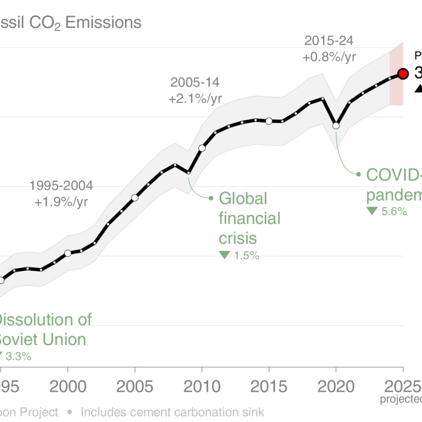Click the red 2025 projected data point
click(x=403, y=74)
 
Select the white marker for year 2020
click(x=336, y=126)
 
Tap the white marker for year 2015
click(x=269, y=121)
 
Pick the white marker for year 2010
click(x=202, y=148)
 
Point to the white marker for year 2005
click(x=135, y=198)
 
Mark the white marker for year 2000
click(x=68, y=253)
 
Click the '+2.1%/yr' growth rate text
click(x=195, y=99)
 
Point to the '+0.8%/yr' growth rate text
click(x=329, y=56)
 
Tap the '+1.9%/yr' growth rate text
click(x=61, y=202)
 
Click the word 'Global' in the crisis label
click(x=243, y=198)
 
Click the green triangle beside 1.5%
click(x=224, y=255)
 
